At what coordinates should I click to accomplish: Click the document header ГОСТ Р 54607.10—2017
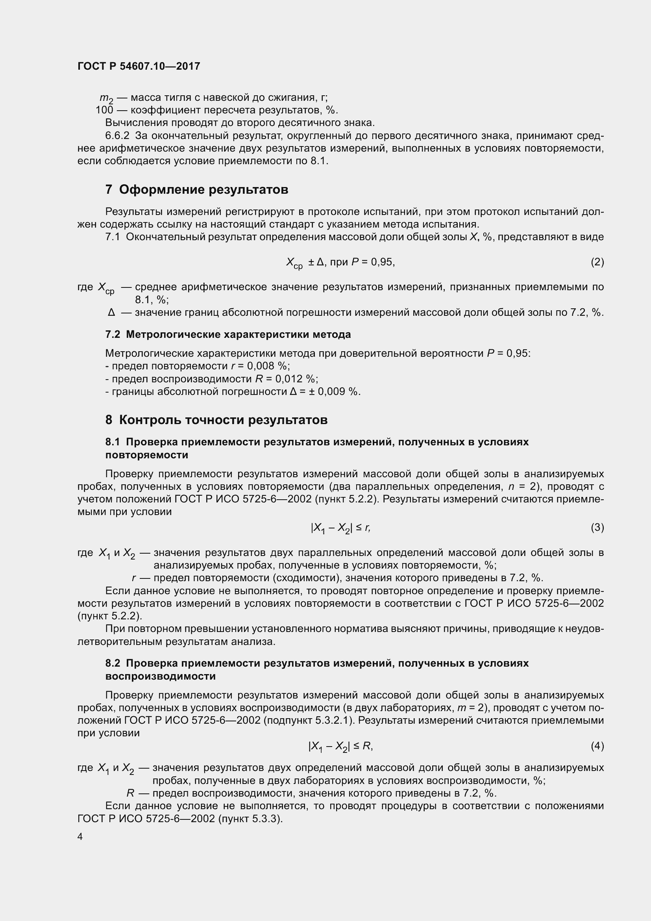click(139, 66)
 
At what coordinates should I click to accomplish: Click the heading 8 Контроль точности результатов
click(216, 420)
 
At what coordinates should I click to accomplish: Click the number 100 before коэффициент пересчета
click(104, 110)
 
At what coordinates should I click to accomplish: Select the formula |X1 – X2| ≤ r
click(341, 528)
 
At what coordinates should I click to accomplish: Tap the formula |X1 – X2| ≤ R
click(341, 746)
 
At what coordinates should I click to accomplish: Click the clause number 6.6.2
click(117, 135)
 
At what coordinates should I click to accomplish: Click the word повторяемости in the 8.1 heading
click(147, 455)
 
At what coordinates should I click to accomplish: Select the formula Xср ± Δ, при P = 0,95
click(341, 263)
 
